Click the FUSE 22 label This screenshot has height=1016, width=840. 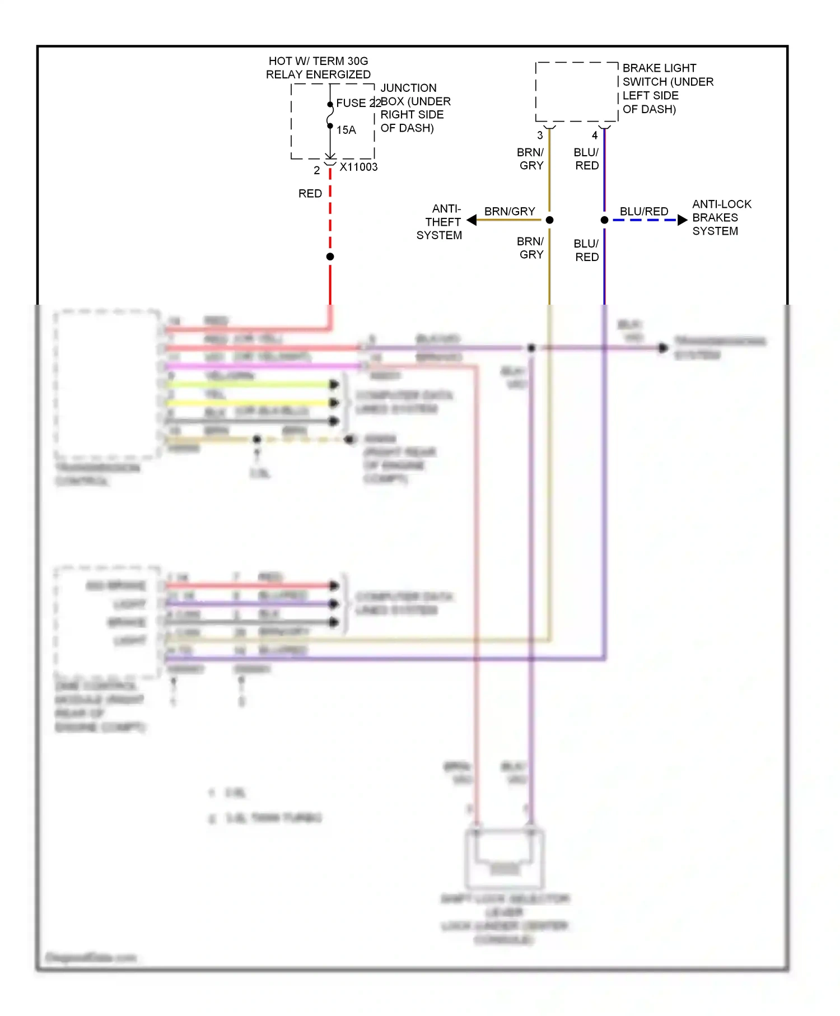point(358,103)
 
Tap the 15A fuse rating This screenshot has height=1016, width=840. point(346,130)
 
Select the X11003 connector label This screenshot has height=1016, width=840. point(358,167)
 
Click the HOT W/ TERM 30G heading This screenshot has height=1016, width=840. point(318,61)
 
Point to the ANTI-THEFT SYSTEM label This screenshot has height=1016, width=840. point(440,222)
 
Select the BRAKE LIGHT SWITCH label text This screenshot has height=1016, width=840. point(667,88)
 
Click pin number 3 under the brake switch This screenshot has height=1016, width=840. point(540,136)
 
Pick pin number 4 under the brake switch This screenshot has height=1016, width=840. point(595,136)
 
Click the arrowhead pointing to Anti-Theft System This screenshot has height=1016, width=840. point(472,220)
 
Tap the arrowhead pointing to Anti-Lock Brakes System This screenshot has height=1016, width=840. point(682,220)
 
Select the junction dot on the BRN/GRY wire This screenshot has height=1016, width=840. point(549,220)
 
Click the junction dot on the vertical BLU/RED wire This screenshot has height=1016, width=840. point(604,220)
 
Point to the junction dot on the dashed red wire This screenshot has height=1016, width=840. point(330,257)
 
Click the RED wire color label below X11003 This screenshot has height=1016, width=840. point(310,194)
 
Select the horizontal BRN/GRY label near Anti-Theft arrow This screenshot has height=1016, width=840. point(510,211)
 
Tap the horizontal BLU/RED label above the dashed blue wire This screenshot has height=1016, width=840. point(644,211)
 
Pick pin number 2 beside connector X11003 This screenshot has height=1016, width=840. point(317,170)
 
